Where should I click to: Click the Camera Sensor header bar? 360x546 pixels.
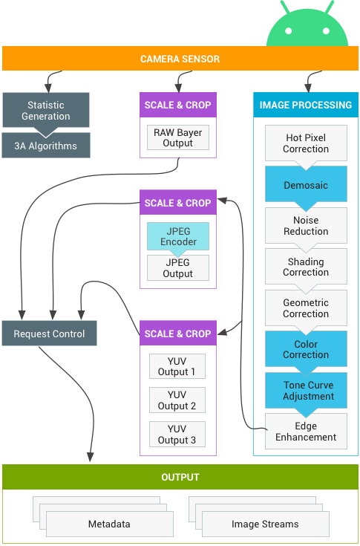[180, 59]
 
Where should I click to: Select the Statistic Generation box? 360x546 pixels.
[46, 111]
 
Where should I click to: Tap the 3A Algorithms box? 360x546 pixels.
[46, 146]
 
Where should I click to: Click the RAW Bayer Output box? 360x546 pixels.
[178, 137]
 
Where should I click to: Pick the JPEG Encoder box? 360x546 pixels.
[178, 235]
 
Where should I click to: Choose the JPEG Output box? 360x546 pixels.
[178, 268]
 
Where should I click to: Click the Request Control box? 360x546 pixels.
[50, 334]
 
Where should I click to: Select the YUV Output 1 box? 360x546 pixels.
[177, 366]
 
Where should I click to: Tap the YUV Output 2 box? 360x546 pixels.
[177, 400]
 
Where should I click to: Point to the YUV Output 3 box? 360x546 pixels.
[177, 435]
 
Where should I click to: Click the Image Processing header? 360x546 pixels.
[306, 105]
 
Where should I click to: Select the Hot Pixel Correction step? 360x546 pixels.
[306, 143]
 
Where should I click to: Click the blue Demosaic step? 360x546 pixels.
[306, 185]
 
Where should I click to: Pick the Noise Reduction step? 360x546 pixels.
[306, 226]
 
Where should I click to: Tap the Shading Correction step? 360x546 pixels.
[306, 267]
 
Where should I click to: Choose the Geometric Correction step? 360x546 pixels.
[306, 308]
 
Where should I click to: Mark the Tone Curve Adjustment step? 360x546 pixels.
[308, 391]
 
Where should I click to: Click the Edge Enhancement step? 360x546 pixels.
[306, 432]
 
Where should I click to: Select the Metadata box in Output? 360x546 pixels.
[109, 524]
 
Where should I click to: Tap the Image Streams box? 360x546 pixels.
[265, 524]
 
